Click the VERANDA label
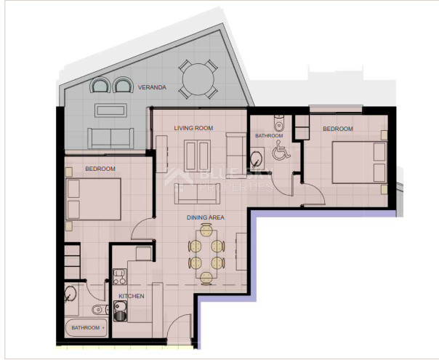coord(154,87)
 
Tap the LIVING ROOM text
coord(193,128)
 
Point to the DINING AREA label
coord(206,217)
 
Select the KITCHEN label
coord(132,296)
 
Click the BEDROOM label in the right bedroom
coord(338,129)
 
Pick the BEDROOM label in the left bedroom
coord(100,169)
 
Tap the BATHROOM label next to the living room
coord(269,136)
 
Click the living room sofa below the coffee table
coord(196,193)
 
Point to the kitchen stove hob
coord(118,277)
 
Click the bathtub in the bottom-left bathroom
coord(86,328)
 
